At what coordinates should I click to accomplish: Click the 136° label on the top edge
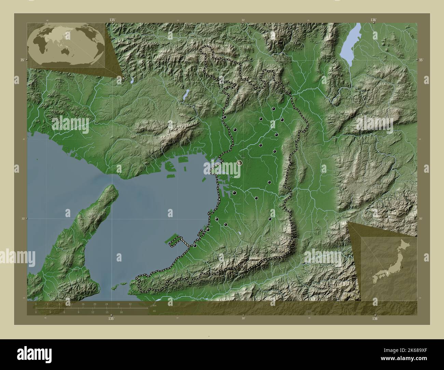coord(373,20)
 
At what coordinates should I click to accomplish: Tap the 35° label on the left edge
coord(22,60)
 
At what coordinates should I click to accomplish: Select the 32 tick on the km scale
coord(130,304)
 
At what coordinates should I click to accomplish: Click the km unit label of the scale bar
coord(154,305)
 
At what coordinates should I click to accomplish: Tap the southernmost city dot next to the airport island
coord(195,245)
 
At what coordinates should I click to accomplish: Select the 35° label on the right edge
coord(421,60)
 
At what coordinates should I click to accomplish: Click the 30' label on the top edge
coord(243,20)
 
